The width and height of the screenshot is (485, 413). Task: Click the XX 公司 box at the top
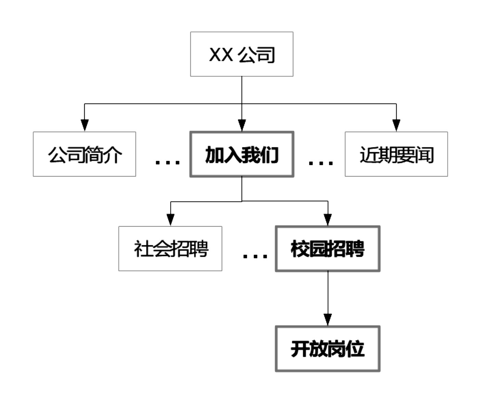(x=242, y=54)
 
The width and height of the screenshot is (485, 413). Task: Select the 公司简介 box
(x=84, y=154)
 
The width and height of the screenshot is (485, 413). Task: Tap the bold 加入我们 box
(x=242, y=154)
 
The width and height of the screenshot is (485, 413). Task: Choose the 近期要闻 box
(x=396, y=154)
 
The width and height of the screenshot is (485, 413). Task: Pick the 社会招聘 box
(x=170, y=248)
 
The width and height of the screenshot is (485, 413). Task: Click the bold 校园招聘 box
(x=328, y=248)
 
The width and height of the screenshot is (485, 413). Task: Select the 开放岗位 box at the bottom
(x=328, y=349)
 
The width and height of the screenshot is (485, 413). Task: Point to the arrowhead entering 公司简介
(x=85, y=125)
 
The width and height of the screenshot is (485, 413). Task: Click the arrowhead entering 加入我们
(x=242, y=125)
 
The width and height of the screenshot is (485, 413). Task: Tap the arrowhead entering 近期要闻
(x=396, y=125)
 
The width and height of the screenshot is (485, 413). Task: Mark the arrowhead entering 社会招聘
(x=170, y=220)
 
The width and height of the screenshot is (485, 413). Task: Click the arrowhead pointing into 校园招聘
(x=328, y=220)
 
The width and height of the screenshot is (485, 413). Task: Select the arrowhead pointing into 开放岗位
(x=328, y=319)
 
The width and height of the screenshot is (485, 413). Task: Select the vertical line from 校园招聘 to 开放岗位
(x=328, y=291)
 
